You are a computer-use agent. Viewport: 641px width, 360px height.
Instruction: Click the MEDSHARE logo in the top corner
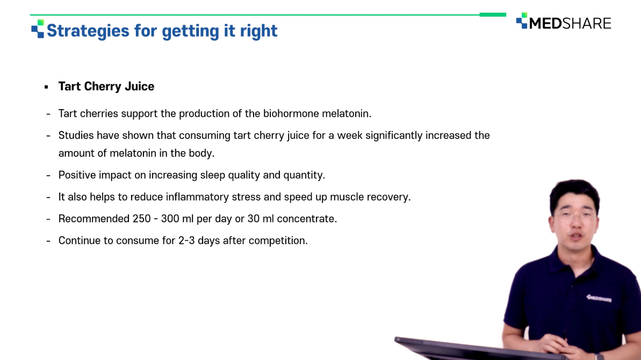pos(564,21)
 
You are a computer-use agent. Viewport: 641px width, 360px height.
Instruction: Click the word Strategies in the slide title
pos(88,31)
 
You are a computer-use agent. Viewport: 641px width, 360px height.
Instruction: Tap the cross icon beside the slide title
pos(38,28)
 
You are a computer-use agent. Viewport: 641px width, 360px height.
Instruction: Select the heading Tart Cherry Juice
pos(106,86)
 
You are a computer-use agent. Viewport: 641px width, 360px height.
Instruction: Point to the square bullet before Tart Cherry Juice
pos(47,87)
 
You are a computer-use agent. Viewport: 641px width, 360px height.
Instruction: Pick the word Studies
pos(76,135)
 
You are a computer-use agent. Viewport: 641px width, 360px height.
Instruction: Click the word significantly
pos(394,135)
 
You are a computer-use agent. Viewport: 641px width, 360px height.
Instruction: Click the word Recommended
pos(94,219)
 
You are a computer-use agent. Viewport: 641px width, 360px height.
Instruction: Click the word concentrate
pos(307,219)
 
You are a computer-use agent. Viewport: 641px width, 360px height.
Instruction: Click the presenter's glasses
pos(575,216)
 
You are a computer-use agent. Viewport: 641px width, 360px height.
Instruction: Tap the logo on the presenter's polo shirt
pos(599,298)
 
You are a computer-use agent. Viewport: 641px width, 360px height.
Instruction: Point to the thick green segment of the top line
pos(493,15)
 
